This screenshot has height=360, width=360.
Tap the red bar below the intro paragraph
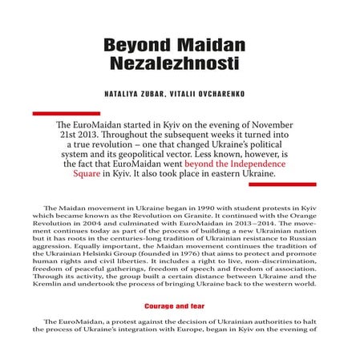pyautogui.click(x=283, y=184)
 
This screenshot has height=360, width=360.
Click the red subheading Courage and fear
pyautogui.click(x=179, y=305)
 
